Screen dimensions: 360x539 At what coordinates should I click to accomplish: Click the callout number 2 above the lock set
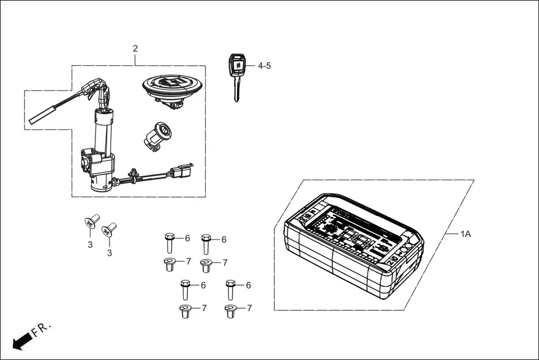pos(135,49)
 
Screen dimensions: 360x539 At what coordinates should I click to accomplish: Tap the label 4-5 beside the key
pos(264,66)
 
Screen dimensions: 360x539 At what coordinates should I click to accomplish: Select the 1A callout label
pos(465,234)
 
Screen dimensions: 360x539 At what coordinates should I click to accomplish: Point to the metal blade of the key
pos(237,89)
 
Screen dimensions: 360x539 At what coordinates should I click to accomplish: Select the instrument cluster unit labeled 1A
pos(352,246)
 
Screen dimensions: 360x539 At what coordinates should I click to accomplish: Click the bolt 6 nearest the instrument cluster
pos(230,290)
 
